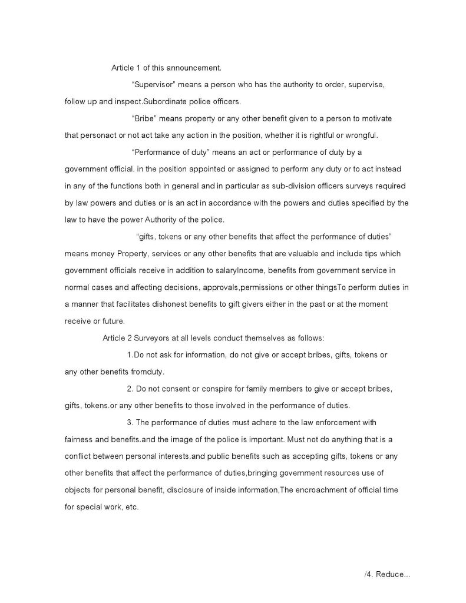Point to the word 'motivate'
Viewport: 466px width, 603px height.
[375, 118]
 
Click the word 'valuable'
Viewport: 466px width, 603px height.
[301, 254]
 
